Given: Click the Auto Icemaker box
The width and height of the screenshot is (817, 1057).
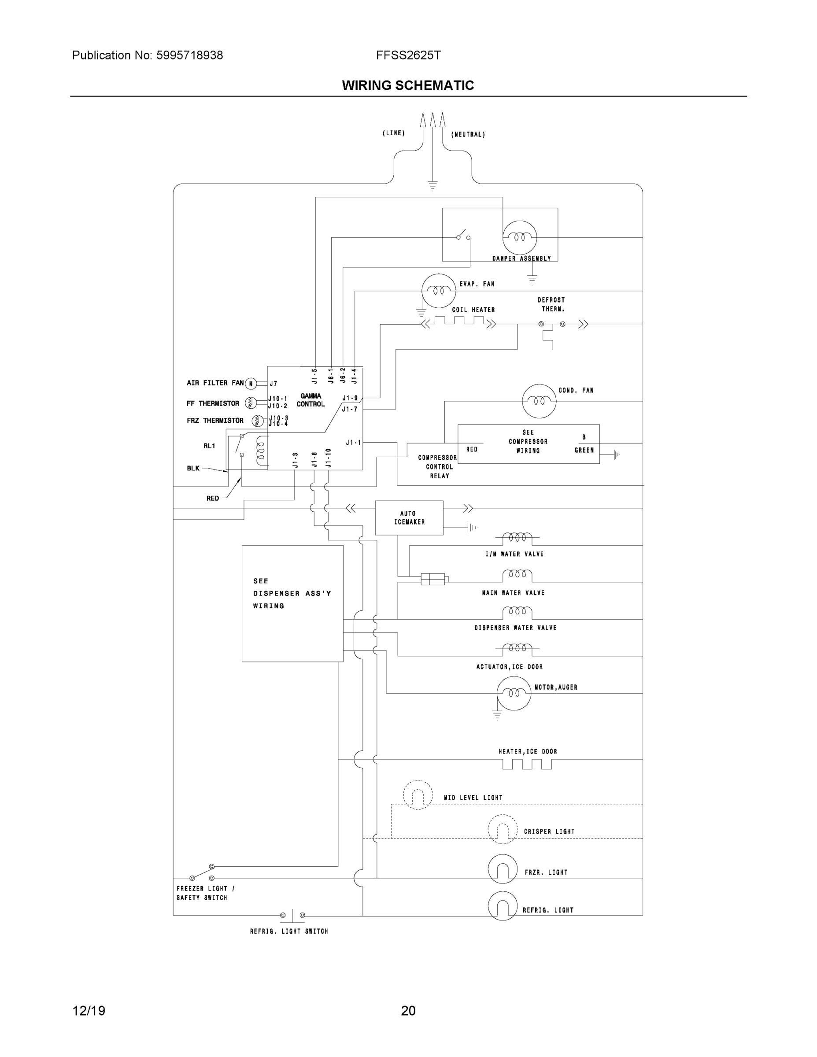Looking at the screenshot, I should point(409,518).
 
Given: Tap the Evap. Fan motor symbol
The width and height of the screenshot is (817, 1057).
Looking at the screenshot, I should point(439,290).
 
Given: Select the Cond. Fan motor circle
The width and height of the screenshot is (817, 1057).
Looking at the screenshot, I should point(539,401).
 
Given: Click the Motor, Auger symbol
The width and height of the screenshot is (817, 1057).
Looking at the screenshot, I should point(514,693).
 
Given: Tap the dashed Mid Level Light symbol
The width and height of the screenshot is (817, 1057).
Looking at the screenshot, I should point(418,795).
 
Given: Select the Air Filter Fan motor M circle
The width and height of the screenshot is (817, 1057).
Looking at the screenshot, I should point(251,384).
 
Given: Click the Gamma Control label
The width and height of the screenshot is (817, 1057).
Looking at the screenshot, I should point(310,400).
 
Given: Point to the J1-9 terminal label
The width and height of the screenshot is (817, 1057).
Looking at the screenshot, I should point(349,398).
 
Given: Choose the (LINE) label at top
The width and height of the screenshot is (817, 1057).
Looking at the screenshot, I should point(393,133).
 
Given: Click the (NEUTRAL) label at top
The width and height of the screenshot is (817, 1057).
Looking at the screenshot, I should point(468,134).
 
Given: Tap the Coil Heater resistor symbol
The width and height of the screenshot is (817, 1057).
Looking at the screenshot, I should point(459,322).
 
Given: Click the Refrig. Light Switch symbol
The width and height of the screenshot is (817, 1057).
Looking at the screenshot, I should point(292,915).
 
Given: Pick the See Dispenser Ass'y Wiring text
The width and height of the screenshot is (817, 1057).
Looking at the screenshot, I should point(292,593).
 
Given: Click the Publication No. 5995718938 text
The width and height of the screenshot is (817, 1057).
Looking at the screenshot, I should point(148,55).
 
